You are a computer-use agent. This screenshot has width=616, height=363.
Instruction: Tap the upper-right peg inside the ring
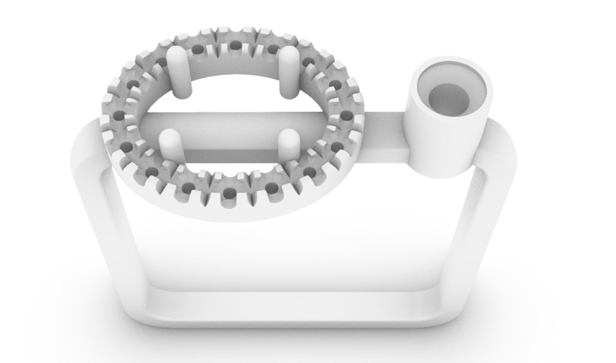pyautogui.click(x=289, y=71)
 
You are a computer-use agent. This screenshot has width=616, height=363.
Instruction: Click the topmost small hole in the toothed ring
pyautogui.click(x=235, y=45)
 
